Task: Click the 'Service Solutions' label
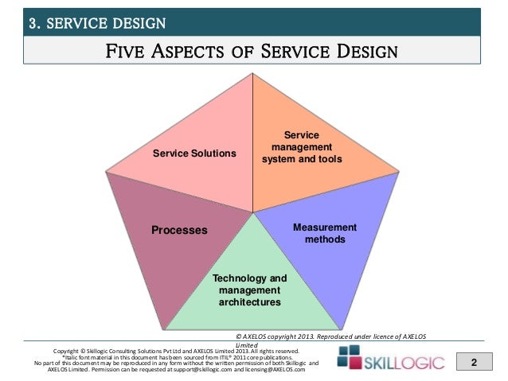point(194,152)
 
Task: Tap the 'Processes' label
point(179,230)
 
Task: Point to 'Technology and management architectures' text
point(249,291)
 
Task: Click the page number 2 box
point(475,364)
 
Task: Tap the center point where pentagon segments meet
point(253,212)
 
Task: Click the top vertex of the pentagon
point(253,72)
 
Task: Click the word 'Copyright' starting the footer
point(68,351)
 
